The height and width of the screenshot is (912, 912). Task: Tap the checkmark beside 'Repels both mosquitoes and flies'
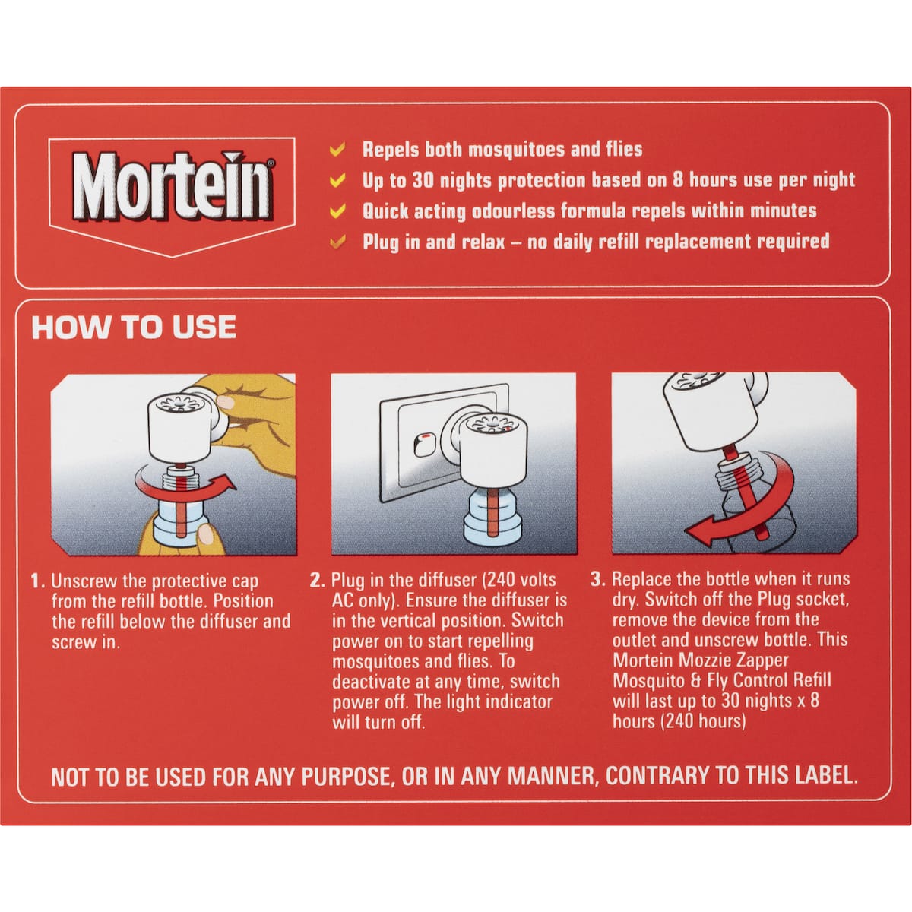(337, 150)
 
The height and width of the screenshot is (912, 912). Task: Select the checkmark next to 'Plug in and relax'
(337, 242)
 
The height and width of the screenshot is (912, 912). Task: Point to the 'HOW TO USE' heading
(134, 327)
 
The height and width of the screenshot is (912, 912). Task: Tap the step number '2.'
(317, 580)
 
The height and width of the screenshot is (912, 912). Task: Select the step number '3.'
(597, 579)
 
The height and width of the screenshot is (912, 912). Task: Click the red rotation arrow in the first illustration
(185, 487)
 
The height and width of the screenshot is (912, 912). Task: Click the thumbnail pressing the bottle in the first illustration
(206, 535)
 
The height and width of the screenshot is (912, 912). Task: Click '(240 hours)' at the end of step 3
(679, 721)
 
